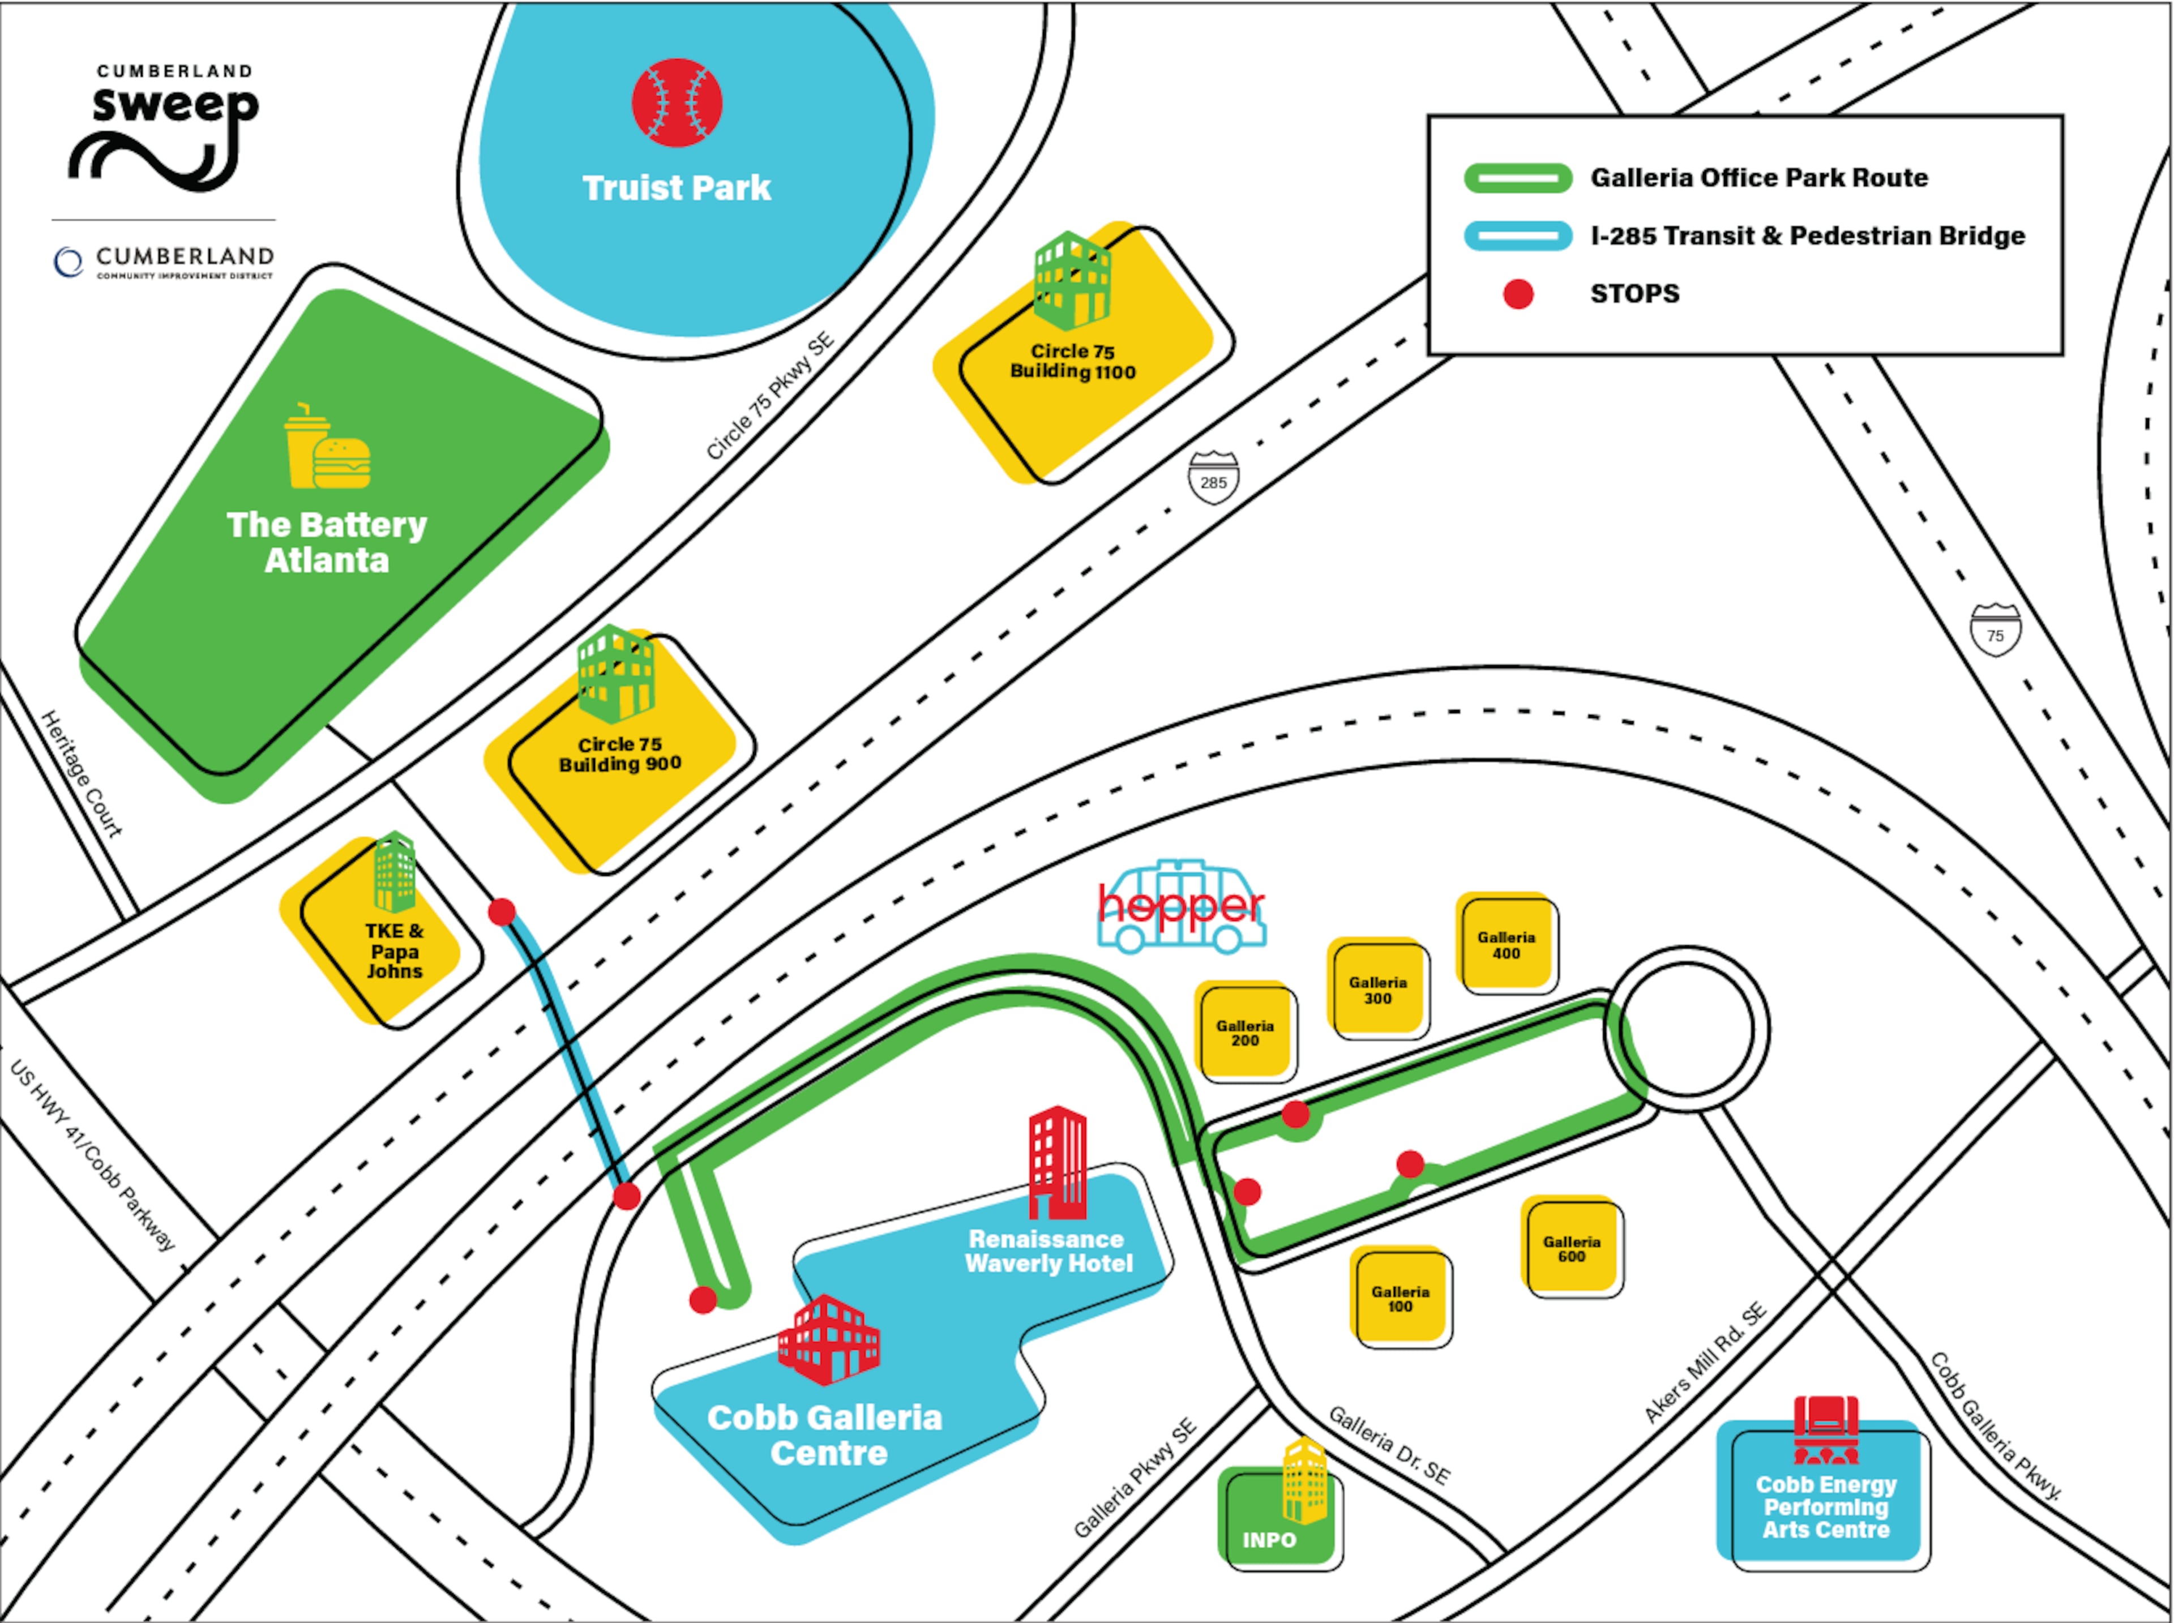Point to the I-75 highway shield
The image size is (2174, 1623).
(1995, 629)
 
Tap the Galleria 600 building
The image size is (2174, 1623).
(1571, 1248)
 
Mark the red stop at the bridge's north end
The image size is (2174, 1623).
(502, 912)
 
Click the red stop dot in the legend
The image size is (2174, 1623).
(1518, 294)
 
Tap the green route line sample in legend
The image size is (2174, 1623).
(1518, 178)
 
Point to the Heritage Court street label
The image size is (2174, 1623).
(82, 774)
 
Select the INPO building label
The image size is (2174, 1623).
(1269, 1539)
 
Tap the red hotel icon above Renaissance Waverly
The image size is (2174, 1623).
(1057, 1162)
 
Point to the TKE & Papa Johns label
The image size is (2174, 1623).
(394, 950)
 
